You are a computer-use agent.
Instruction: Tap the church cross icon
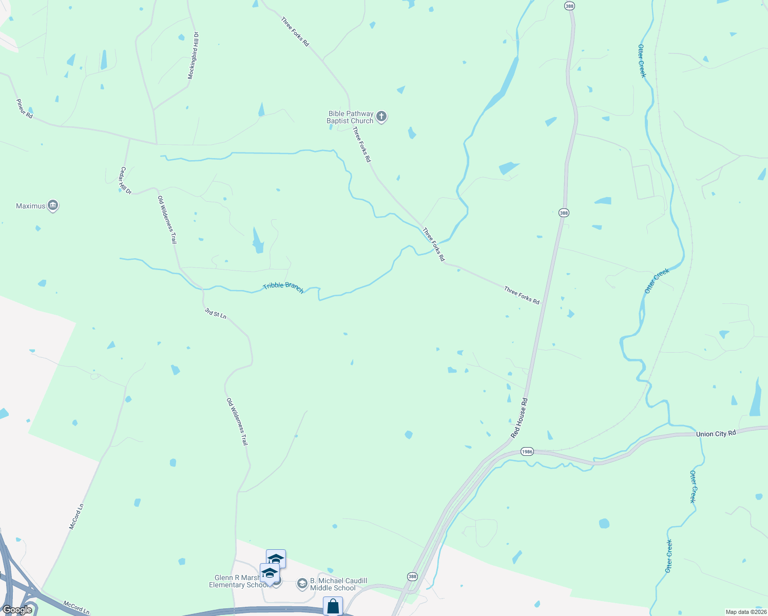(x=381, y=117)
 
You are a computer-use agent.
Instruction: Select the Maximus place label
(x=30, y=206)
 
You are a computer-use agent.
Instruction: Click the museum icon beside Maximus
(x=53, y=206)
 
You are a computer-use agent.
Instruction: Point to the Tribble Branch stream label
(x=283, y=288)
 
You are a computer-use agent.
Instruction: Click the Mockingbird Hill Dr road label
(x=193, y=56)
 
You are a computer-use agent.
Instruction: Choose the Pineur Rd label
(x=25, y=109)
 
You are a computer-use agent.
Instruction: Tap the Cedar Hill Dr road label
(x=126, y=181)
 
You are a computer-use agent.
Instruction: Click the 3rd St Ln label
(x=216, y=313)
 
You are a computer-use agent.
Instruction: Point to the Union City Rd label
(x=716, y=434)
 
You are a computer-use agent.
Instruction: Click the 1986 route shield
(x=527, y=452)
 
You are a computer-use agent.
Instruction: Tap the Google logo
(x=17, y=610)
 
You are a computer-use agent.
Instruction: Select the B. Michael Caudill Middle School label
(x=338, y=585)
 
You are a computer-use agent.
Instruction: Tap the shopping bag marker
(x=333, y=606)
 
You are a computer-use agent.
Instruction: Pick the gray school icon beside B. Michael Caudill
(x=302, y=584)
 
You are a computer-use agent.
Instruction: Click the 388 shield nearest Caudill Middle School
(x=412, y=577)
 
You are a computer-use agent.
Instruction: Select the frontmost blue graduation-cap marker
(x=270, y=573)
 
